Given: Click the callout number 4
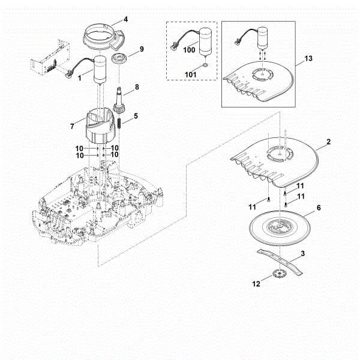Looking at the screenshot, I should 125,19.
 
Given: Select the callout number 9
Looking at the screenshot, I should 142,49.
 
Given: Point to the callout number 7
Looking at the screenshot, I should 73,126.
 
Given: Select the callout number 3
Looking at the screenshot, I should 302,254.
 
